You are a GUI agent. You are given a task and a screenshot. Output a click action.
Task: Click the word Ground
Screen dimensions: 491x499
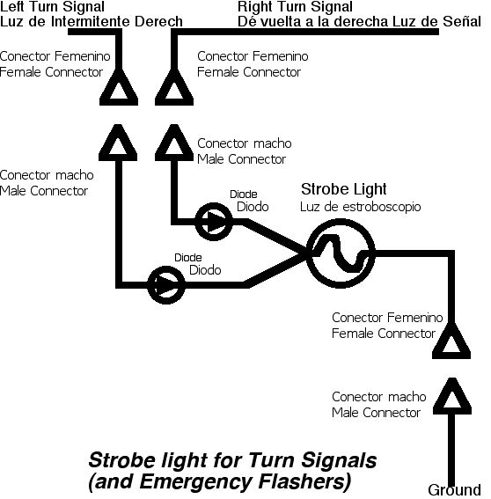point(454,490)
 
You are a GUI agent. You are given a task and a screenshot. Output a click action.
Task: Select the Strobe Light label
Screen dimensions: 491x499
point(344,189)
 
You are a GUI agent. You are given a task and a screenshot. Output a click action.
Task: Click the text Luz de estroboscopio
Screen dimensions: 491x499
point(360,207)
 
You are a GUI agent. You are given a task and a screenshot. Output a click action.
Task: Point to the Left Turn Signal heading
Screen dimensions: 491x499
point(52,7)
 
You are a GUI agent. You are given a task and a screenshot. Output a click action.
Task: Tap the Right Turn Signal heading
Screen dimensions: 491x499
point(295,7)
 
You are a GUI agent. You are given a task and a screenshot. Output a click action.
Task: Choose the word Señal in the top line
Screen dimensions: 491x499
point(462,21)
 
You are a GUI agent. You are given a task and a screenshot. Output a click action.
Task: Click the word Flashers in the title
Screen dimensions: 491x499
point(304,481)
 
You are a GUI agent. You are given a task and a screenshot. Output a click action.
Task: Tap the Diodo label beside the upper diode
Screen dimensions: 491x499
point(253,207)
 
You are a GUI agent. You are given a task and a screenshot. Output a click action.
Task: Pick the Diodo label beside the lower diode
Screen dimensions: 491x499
point(205,270)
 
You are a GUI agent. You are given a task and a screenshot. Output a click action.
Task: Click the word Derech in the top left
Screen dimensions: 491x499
point(158,21)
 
